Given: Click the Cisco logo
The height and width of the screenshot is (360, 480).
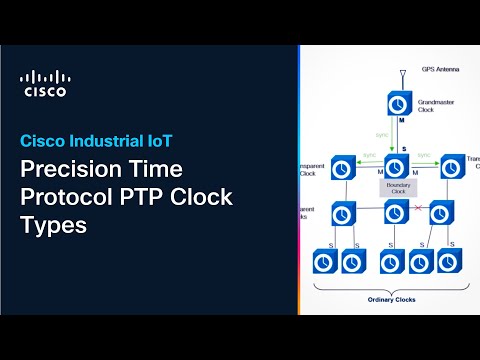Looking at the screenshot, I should tap(46, 84).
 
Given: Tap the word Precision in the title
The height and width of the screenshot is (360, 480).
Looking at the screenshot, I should tap(68, 169).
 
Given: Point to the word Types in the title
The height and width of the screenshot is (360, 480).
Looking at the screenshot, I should tap(54, 225).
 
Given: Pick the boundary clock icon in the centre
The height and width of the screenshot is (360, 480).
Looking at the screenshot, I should tap(393, 165).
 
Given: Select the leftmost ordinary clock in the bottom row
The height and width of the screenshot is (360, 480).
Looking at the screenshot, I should tap(324, 261).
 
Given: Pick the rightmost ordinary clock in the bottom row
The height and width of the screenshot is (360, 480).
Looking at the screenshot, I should tap(447, 261).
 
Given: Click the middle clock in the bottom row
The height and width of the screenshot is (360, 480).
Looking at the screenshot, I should tap(386, 261).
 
